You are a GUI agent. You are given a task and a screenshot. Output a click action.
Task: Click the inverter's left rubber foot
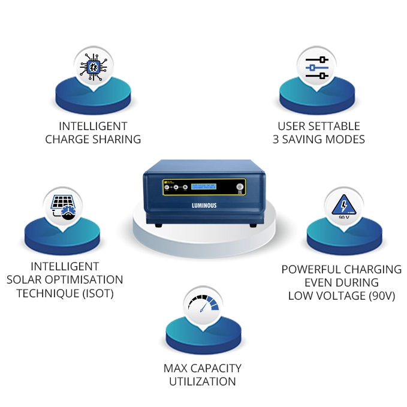pyautogui.click(x=157, y=225)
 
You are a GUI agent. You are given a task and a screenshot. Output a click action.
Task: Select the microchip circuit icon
pyautogui.click(x=93, y=67)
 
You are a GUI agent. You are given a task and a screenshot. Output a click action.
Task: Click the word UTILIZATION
pyautogui.click(x=202, y=381)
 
